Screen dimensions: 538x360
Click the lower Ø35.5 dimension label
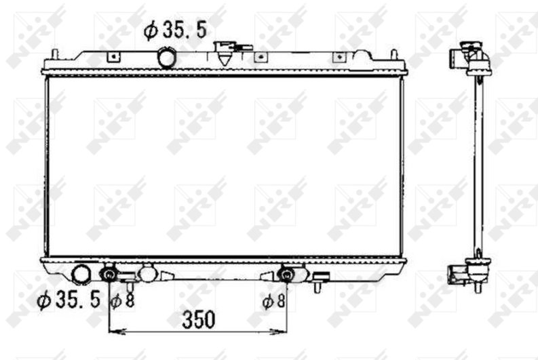tap(69, 298)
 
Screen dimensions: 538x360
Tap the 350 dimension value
tap(199, 320)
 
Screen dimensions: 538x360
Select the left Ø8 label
tap(122, 301)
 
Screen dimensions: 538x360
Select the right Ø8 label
tap(273, 301)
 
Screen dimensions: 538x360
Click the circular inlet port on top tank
tap(167, 58)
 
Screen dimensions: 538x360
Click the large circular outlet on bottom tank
tap(81, 275)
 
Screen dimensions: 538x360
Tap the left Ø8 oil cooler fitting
tap(109, 274)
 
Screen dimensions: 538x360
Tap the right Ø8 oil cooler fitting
tap(287, 274)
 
